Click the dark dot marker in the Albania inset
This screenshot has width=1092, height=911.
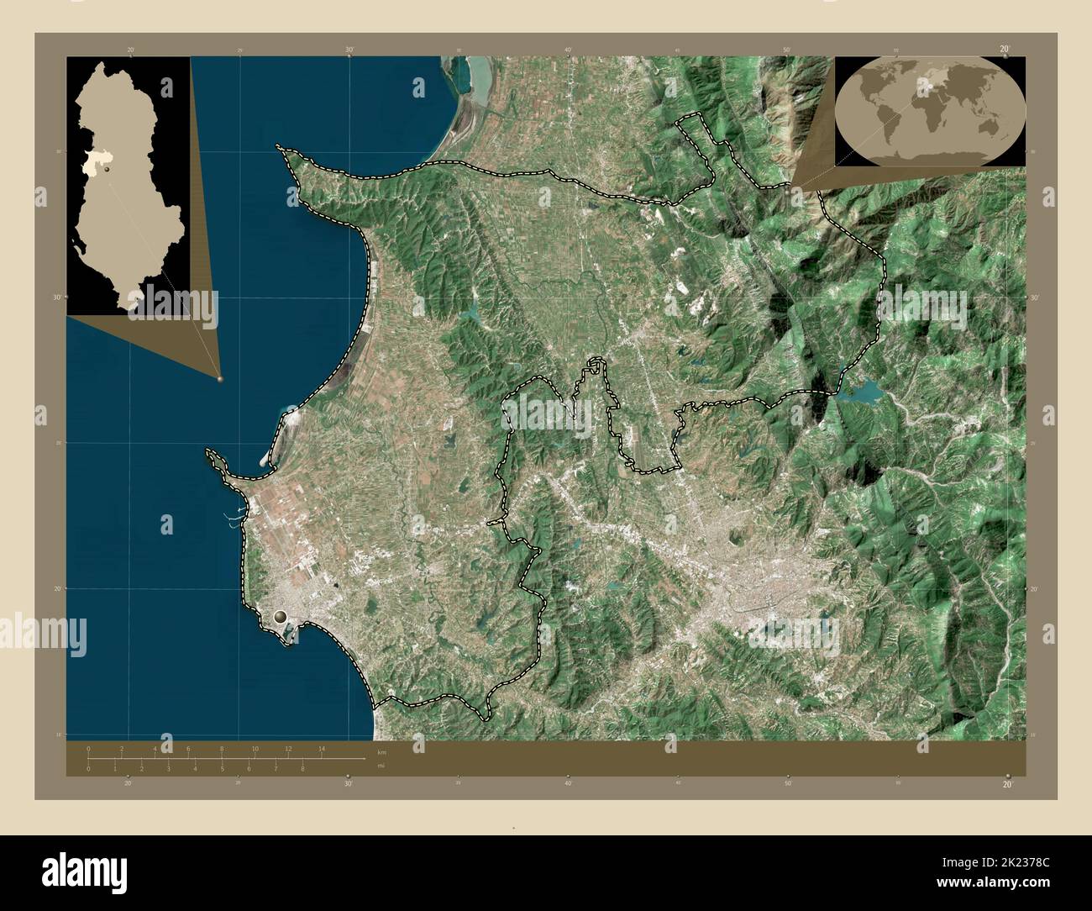coord(109,169)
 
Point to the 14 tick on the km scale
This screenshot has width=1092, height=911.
coord(322,748)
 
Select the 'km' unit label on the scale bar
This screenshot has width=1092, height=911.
coord(381,751)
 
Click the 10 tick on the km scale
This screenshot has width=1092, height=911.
coord(255,748)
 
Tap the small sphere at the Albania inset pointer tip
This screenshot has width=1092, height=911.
coord(220,379)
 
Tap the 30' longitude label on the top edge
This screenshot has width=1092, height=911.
coord(349,50)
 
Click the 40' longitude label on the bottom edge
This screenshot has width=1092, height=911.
coord(568,783)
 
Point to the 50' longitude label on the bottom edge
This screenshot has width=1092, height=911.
coord(787,783)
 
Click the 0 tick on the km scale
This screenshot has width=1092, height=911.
coord(88,748)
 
